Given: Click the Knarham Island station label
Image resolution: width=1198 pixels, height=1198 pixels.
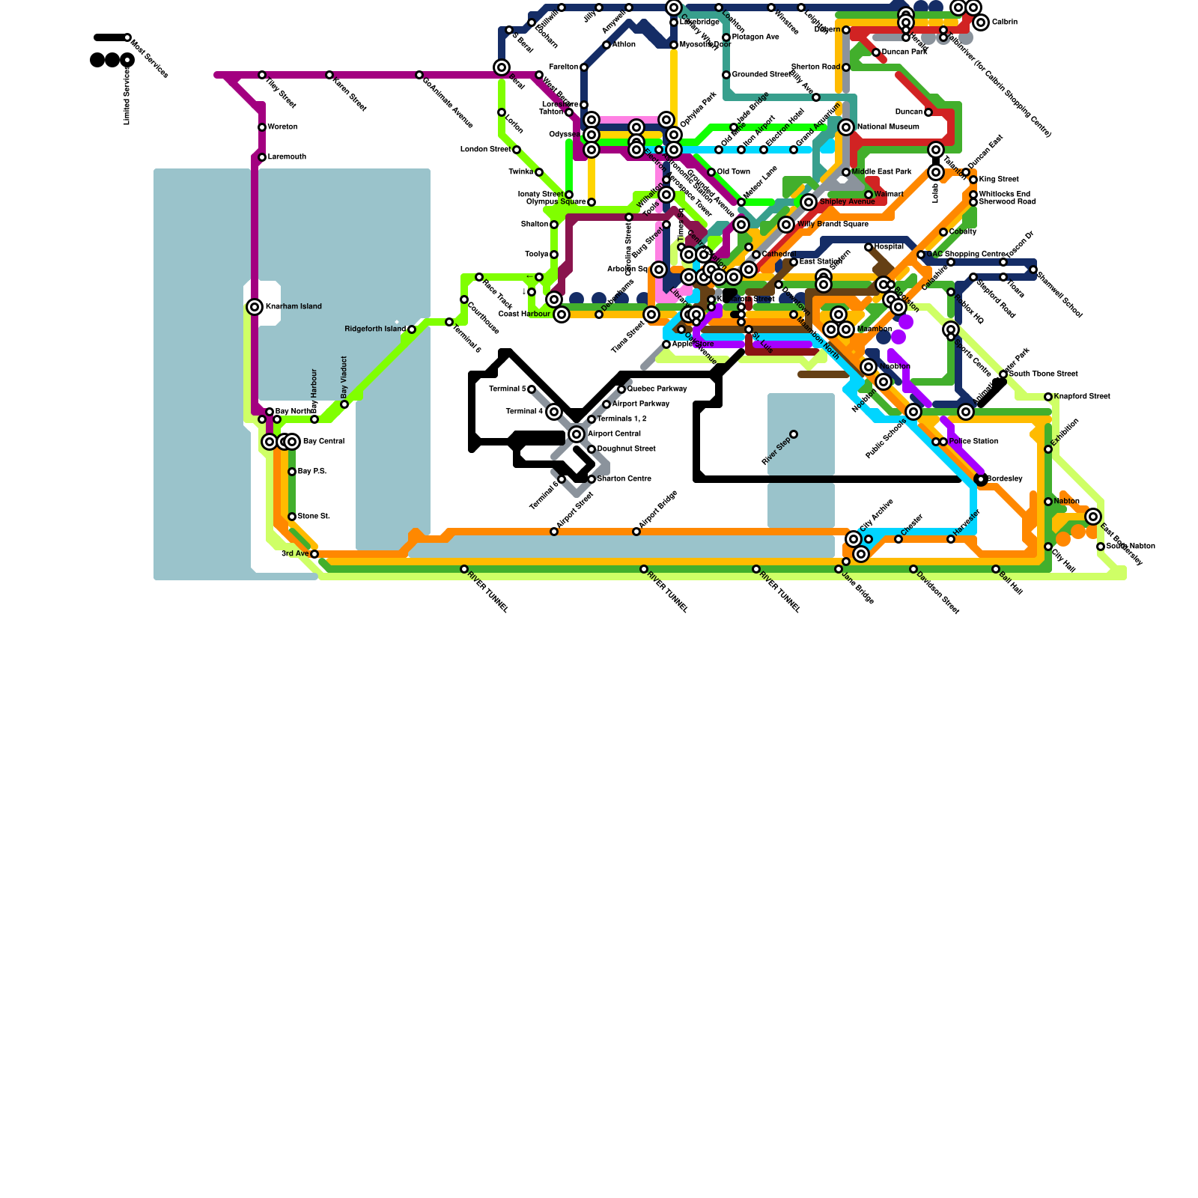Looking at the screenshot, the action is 294,307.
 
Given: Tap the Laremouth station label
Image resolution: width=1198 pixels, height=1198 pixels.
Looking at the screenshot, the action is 287,157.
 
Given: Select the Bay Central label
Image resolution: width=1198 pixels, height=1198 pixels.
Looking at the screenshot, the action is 323,442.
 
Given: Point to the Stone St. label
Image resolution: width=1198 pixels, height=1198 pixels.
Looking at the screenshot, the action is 314,517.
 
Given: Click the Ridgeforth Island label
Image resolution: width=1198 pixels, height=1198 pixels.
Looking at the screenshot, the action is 374,329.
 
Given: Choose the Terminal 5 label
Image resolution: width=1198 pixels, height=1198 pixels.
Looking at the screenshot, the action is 507,389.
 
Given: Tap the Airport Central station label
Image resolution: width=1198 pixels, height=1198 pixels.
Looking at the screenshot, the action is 614,434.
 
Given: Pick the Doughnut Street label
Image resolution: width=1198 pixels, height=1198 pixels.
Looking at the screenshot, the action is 626,449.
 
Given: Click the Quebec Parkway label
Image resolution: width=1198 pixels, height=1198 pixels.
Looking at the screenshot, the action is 657,389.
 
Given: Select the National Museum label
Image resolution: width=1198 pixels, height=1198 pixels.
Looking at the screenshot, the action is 888,127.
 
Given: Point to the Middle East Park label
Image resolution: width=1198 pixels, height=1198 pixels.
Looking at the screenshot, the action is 881,172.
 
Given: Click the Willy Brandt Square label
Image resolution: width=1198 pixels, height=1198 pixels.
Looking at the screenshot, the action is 833,225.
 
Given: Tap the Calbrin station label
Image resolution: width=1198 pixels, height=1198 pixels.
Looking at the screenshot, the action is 1005,22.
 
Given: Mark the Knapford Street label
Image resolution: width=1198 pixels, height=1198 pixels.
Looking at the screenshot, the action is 1082,397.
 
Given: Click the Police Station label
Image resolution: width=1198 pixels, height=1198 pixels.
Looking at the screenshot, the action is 973,442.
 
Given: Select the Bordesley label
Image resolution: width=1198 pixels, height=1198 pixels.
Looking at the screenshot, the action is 1005,479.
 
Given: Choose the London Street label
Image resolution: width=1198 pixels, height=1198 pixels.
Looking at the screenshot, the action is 485,150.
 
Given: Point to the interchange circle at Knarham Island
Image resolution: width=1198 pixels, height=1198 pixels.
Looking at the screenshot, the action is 255,307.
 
